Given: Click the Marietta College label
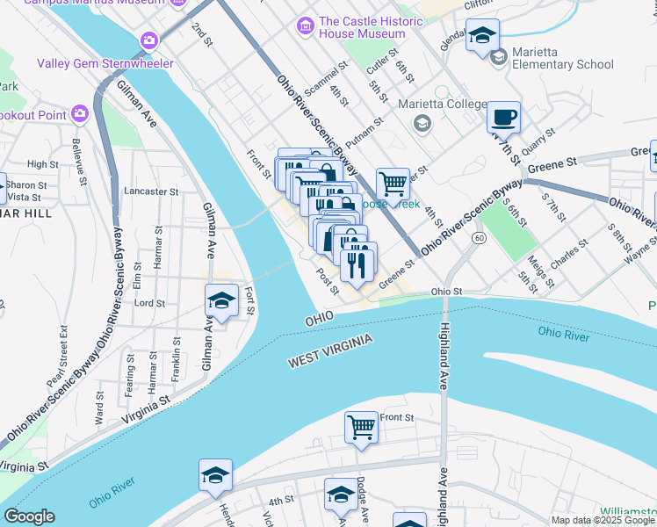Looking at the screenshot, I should [x=442, y=105].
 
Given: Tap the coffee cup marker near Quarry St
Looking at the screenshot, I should [x=503, y=117].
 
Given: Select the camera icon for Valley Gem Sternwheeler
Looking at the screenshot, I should [x=148, y=40].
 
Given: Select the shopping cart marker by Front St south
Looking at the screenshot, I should [x=361, y=428].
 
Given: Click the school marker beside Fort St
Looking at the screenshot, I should [x=221, y=301].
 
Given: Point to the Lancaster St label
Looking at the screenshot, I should [x=151, y=191].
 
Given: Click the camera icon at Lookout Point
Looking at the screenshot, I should [x=80, y=113].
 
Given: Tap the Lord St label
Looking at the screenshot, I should [x=149, y=303].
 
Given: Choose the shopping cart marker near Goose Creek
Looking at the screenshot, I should [x=393, y=184].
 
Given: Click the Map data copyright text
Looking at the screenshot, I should [x=603, y=520].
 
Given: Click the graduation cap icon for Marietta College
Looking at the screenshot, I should [x=422, y=123].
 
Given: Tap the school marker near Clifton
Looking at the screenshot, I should [x=481, y=36].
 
